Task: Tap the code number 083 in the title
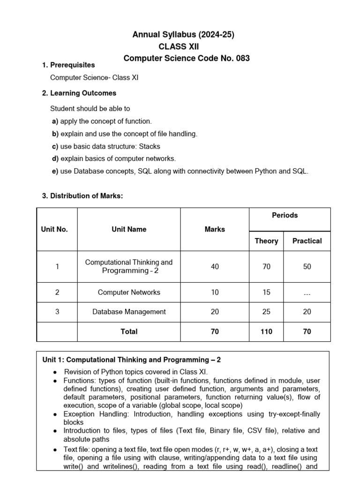click(242, 59)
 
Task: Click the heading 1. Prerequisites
click(68, 65)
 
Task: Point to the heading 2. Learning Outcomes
click(79, 93)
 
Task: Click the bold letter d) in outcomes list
click(55, 159)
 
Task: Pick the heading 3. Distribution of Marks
click(82, 196)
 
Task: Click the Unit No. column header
click(55, 229)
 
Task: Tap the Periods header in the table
click(285, 215)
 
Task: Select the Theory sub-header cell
click(266, 241)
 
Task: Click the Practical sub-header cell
click(307, 241)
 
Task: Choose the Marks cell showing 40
click(215, 267)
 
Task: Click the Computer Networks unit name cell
click(129, 292)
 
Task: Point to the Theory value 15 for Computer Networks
click(266, 292)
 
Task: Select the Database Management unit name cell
click(129, 312)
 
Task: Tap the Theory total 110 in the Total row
click(266, 331)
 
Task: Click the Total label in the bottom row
click(129, 331)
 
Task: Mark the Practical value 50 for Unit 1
click(307, 267)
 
